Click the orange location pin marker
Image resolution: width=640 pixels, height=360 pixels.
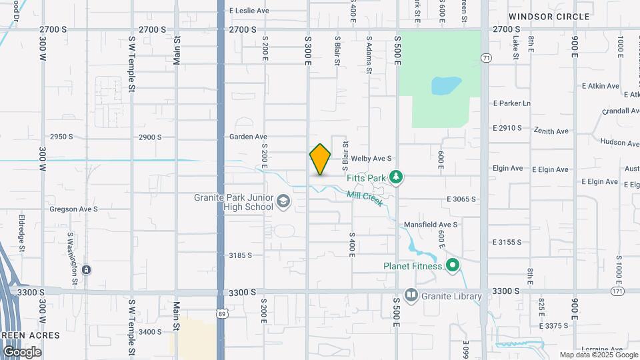320,159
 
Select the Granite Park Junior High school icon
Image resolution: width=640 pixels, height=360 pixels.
283,201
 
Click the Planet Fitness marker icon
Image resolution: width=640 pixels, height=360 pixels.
453,266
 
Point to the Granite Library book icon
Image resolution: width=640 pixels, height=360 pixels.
411,294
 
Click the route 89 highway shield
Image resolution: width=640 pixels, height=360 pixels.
221,312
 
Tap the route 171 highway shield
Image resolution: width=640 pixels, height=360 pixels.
619,292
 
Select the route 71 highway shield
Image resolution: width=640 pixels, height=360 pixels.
486,59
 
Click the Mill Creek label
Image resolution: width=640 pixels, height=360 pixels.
364,198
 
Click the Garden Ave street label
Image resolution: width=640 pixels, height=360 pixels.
248,137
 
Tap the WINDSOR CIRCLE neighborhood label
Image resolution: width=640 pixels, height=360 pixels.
549,17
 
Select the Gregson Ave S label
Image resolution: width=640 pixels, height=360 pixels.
73,209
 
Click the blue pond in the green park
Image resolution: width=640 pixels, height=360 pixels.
446,85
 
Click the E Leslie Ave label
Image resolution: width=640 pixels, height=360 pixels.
249,11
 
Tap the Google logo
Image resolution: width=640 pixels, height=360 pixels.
22,352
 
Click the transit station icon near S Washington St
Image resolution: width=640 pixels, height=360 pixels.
87,270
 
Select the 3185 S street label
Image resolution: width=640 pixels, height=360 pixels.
241,255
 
